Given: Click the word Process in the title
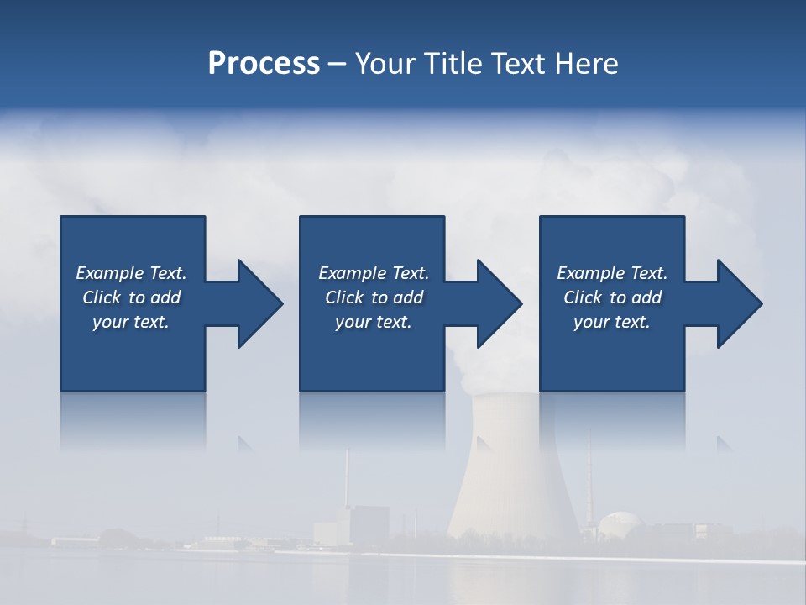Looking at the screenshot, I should point(264,64).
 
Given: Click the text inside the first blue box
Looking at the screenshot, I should point(131,297).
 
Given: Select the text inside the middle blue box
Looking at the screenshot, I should point(374,297).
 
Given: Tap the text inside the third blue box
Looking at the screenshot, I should point(612,297).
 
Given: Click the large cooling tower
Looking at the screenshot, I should point(512,471).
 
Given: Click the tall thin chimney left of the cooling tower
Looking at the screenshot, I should point(346,483).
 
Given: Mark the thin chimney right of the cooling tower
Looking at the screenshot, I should point(589,479).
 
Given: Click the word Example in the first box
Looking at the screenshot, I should point(109,273).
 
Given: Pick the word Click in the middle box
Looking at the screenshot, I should point(343,297).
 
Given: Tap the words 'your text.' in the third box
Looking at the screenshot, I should point(612,322).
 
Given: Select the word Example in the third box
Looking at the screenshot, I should point(590,273).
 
